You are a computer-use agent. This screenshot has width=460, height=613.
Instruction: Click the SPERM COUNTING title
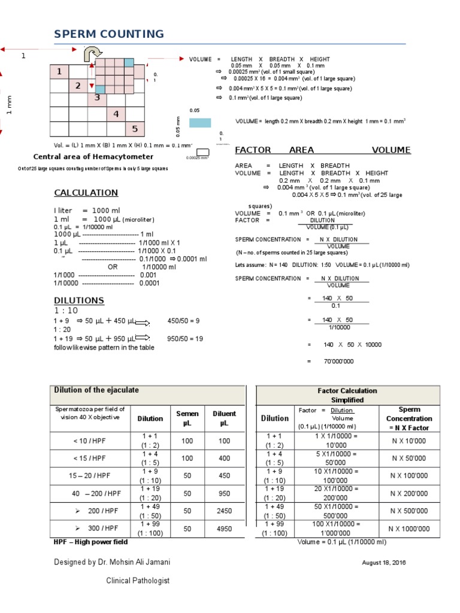pyautogui.click(x=108, y=34)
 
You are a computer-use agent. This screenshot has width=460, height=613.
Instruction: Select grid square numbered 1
pyautogui.click(x=59, y=72)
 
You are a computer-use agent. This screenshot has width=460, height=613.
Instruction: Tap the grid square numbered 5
pyautogui.click(x=135, y=129)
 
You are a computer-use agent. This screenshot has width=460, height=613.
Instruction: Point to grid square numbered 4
pyautogui.click(x=116, y=114)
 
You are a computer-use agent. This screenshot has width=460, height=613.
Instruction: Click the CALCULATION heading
pyautogui.click(x=86, y=193)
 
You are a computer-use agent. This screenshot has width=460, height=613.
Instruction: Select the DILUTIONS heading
pyautogui.click(x=78, y=300)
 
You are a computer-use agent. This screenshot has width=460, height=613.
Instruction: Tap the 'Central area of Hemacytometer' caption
pyautogui.click(x=93, y=157)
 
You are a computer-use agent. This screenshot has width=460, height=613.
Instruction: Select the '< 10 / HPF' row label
pyautogui.click(x=89, y=441)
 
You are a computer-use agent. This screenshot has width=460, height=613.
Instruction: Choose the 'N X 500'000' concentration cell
pyautogui.click(x=409, y=511)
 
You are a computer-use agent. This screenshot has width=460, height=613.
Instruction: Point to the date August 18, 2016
pyautogui.click(x=383, y=563)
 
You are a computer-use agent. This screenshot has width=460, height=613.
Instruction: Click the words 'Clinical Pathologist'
pyautogui.click(x=138, y=581)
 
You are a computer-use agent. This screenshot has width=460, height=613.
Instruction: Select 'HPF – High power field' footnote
pyautogui.click(x=90, y=542)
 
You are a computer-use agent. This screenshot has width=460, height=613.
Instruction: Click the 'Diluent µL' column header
pyautogui.click(x=225, y=418)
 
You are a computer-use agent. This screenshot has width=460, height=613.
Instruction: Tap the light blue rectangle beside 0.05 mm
pyautogui.click(x=200, y=123)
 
